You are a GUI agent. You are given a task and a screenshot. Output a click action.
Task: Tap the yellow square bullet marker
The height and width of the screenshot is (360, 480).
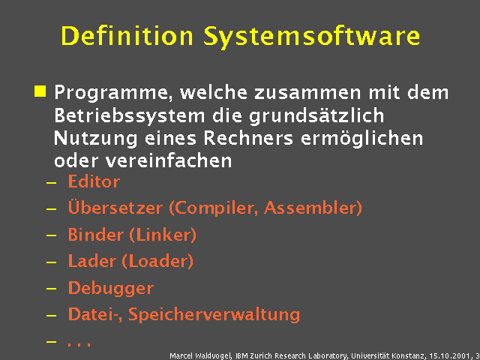coord(40,92)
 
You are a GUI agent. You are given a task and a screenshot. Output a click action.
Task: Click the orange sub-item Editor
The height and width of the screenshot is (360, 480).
coord(94,181)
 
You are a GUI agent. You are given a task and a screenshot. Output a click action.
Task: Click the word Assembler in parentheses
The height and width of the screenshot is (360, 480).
coord(316,208)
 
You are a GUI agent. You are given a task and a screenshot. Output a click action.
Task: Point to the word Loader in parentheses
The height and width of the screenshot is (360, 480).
coord(161,262)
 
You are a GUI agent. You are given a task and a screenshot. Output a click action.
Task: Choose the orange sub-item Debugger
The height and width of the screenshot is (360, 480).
coord(110,289)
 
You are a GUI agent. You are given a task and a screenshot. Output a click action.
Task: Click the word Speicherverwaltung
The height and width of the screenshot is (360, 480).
coord(214,315)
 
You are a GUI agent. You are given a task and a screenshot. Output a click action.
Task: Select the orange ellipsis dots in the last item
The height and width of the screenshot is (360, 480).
coord(79,343)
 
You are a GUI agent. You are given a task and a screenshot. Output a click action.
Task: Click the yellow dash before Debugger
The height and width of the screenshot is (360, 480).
coord(51,289)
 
